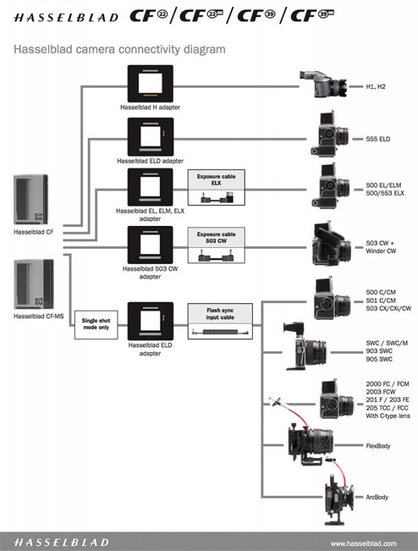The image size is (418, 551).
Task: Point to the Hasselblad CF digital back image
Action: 31,200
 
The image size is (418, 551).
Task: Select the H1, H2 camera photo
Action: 322,87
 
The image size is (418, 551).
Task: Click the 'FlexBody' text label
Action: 379,446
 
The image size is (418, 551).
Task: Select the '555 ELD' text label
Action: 379,139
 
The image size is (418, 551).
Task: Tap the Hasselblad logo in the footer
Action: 61,542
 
